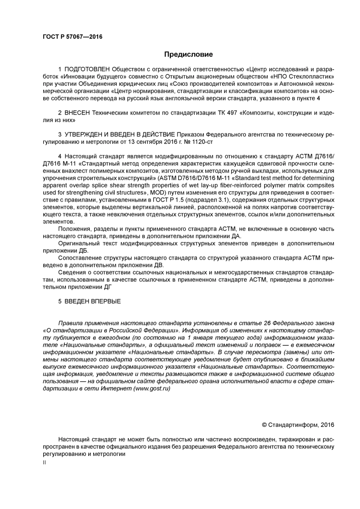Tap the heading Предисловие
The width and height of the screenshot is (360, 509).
click(188, 54)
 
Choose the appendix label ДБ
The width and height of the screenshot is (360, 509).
click(83, 251)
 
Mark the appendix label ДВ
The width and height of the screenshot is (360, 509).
click(159, 265)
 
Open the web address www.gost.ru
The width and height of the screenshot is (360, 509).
click(152, 389)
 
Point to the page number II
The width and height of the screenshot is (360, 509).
click(44, 462)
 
